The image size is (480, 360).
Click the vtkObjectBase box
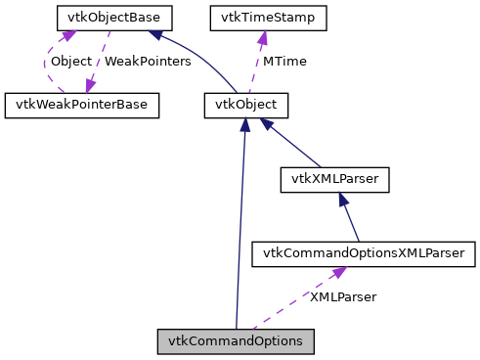point(114,17)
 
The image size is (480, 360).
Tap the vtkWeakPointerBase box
point(81,105)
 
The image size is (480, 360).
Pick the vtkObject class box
point(247,105)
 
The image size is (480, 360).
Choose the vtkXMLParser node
point(335,179)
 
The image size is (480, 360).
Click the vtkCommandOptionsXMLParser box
point(364,254)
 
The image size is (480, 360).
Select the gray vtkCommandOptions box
point(236,341)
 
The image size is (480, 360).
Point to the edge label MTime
point(284,61)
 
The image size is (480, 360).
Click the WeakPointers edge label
point(147,61)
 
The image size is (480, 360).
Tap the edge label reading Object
point(70,61)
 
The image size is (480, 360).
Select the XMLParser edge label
point(342,296)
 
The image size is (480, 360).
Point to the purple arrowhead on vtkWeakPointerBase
point(90,86)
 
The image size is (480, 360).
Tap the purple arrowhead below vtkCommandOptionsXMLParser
point(337,273)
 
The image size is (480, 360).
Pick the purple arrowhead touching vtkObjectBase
point(68,35)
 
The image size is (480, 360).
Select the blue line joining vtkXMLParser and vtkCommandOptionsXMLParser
point(350,218)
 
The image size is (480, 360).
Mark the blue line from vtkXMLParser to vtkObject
point(293,143)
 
